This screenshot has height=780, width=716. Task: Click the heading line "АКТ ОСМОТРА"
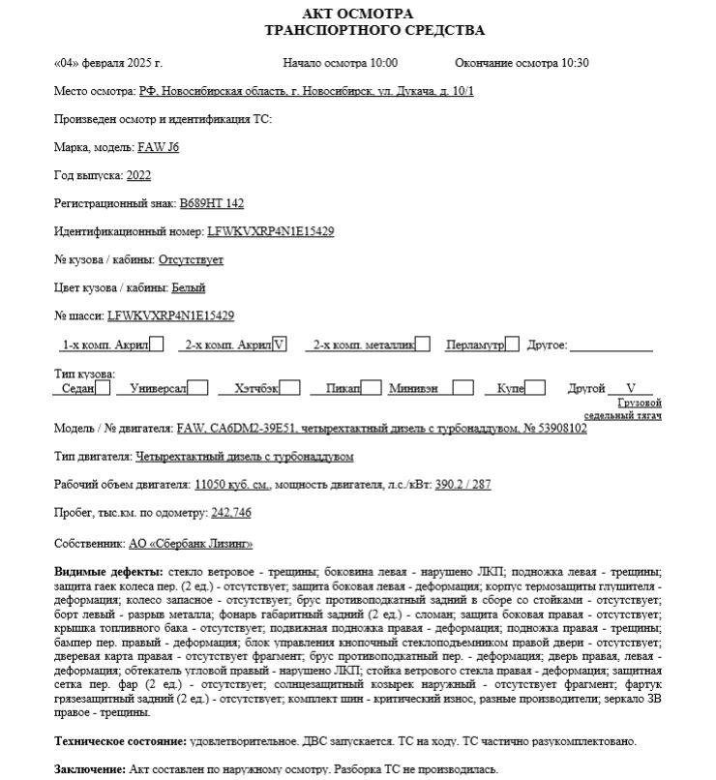(x=357, y=15)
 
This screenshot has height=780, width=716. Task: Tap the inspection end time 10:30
(x=574, y=63)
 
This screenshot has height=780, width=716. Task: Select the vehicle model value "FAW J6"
(x=159, y=148)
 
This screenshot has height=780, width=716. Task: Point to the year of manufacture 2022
(x=138, y=176)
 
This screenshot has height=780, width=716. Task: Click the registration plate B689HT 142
(x=211, y=204)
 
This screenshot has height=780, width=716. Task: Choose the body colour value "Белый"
(x=189, y=287)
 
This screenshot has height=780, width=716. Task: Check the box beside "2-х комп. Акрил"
(x=280, y=344)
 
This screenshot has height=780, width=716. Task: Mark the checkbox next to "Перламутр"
(x=512, y=344)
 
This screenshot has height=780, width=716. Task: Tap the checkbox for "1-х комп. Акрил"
(x=156, y=344)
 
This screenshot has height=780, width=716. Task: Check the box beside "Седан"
(x=103, y=388)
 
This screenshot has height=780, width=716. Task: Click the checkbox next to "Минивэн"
(x=463, y=388)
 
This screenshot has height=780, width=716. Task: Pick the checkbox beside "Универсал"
(x=198, y=388)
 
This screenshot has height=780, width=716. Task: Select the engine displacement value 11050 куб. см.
(x=232, y=484)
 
